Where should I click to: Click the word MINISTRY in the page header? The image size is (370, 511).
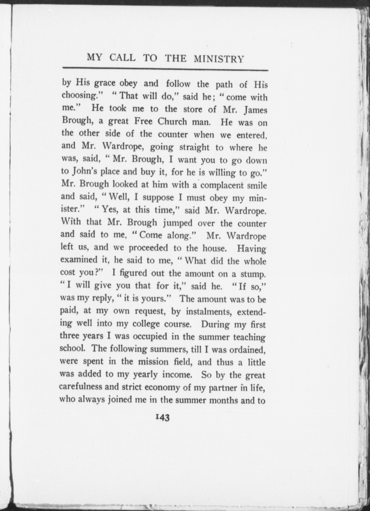[x=219, y=59]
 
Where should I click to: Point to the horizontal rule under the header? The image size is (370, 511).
[x=165, y=69]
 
